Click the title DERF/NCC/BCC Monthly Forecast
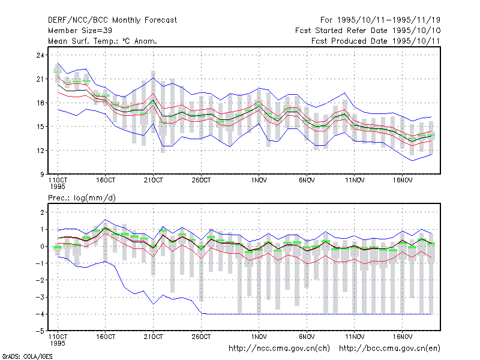pos(112,20)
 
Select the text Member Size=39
pos(80,31)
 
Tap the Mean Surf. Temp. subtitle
pos(102,41)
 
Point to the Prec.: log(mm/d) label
pos(82,198)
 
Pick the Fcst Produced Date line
pos(376,41)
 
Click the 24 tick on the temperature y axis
pos(40,55)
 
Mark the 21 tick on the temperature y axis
pos(40,79)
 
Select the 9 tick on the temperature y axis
pos(41,175)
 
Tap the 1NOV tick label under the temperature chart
pos(259,181)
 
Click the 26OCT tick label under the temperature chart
pos(201,181)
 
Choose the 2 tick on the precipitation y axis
pos(42,212)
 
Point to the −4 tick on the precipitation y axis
pos(40,314)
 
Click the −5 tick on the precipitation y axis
pos(40,331)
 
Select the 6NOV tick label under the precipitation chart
pos(307,337)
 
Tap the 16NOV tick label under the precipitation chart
pos(403,337)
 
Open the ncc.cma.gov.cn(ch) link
pos(279,349)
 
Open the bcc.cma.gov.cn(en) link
pos(389,349)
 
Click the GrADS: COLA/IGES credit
pos(27,356)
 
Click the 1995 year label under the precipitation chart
pos(58,343)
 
